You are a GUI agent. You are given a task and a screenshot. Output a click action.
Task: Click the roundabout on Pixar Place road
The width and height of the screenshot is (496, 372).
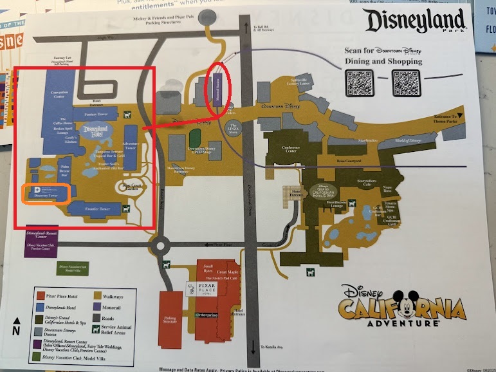point(160,245)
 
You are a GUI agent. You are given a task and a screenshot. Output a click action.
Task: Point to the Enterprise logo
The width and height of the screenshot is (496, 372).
point(207,315)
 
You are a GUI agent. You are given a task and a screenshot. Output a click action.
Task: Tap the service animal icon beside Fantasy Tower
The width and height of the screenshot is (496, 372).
point(129,115)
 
